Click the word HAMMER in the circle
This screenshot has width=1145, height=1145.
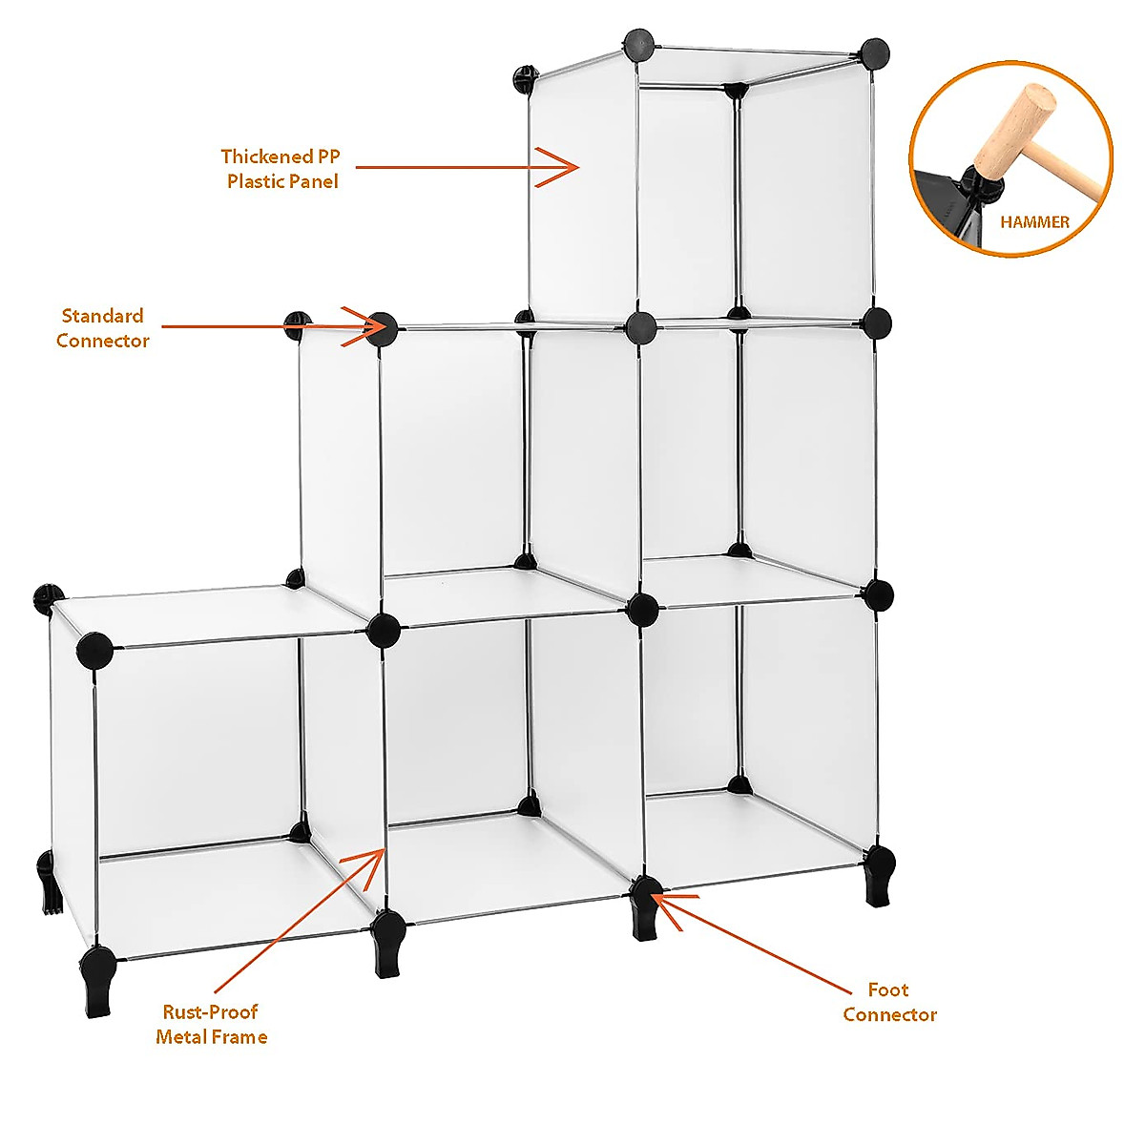[x=1034, y=222]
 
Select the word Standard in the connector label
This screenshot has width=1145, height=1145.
[x=102, y=316]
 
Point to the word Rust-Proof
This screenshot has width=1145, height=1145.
[x=210, y=1012]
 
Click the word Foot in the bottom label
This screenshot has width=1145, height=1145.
[x=887, y=990]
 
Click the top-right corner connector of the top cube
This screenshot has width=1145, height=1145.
[x=873, y=52]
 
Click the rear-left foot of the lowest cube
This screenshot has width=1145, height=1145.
[x=48, y=883]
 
